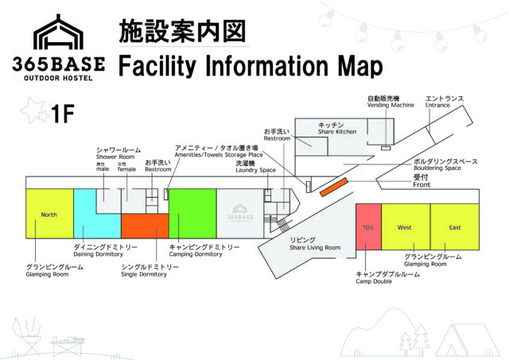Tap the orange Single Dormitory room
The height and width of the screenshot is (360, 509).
pos(145,226)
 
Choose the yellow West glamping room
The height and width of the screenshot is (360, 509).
pos(406,227)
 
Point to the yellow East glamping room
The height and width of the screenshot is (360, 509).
pos(455,227)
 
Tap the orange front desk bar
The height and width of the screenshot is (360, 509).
pos(335,188)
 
